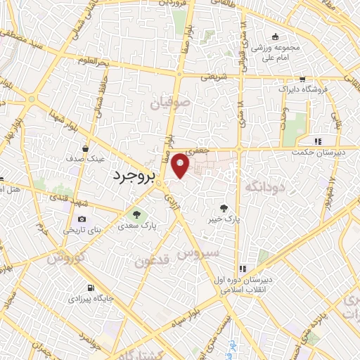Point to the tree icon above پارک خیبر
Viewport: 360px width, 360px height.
click(x=224, y=207)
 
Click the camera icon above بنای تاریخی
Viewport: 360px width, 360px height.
click(x=83, y=219)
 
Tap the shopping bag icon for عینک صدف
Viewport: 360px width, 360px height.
click(x=85, y=149)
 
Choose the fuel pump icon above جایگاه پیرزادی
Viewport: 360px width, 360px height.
click(x=91, y=288)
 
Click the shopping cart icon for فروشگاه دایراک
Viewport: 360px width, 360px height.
click(x=302, y=79)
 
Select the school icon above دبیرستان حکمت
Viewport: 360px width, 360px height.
click(x=318, y=141)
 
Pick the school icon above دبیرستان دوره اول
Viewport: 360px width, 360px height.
click(x=243, y=269)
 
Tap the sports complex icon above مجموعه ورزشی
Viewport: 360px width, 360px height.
click(x=275, y=37)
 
